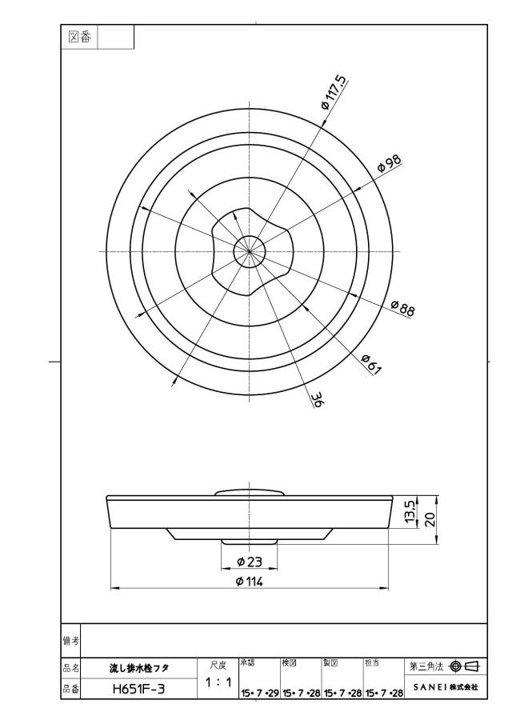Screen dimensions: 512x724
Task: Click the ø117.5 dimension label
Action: [x=334, y=91]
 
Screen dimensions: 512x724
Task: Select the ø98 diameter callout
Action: [x=389, y=164]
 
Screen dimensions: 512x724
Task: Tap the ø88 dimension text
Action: [x=402, y=308]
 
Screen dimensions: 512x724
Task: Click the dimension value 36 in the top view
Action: [x=318, y=400]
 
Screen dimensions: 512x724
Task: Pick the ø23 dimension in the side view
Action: [x=250, y=562]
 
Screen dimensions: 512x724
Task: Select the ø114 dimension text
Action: [x=250, y=582]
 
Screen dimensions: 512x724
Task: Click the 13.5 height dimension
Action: [x=410, y=511]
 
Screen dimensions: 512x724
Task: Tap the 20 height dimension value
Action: [x=430, y=519]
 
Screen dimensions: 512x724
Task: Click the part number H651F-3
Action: [x=138, y=690]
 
